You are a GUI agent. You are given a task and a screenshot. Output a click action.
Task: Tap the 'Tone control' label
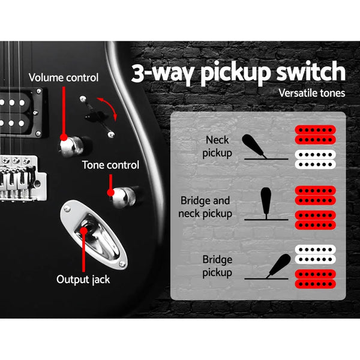[x=110, y=164]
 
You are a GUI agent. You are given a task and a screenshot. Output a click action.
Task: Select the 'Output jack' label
[x=82, y=279]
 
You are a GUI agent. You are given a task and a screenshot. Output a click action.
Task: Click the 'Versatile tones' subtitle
[x=312, y=94]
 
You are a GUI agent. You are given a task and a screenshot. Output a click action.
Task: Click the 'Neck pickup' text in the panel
[x=217, y=146]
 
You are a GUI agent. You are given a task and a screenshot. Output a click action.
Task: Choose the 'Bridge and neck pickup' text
[x=204, y=206]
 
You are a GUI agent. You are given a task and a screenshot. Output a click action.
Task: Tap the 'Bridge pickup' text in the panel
[x=216, y=266]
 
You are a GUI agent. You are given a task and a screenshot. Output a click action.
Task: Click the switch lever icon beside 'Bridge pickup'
[x=275, y=266]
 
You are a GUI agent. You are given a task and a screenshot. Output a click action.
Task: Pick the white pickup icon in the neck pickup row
[x=315, y=158]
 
